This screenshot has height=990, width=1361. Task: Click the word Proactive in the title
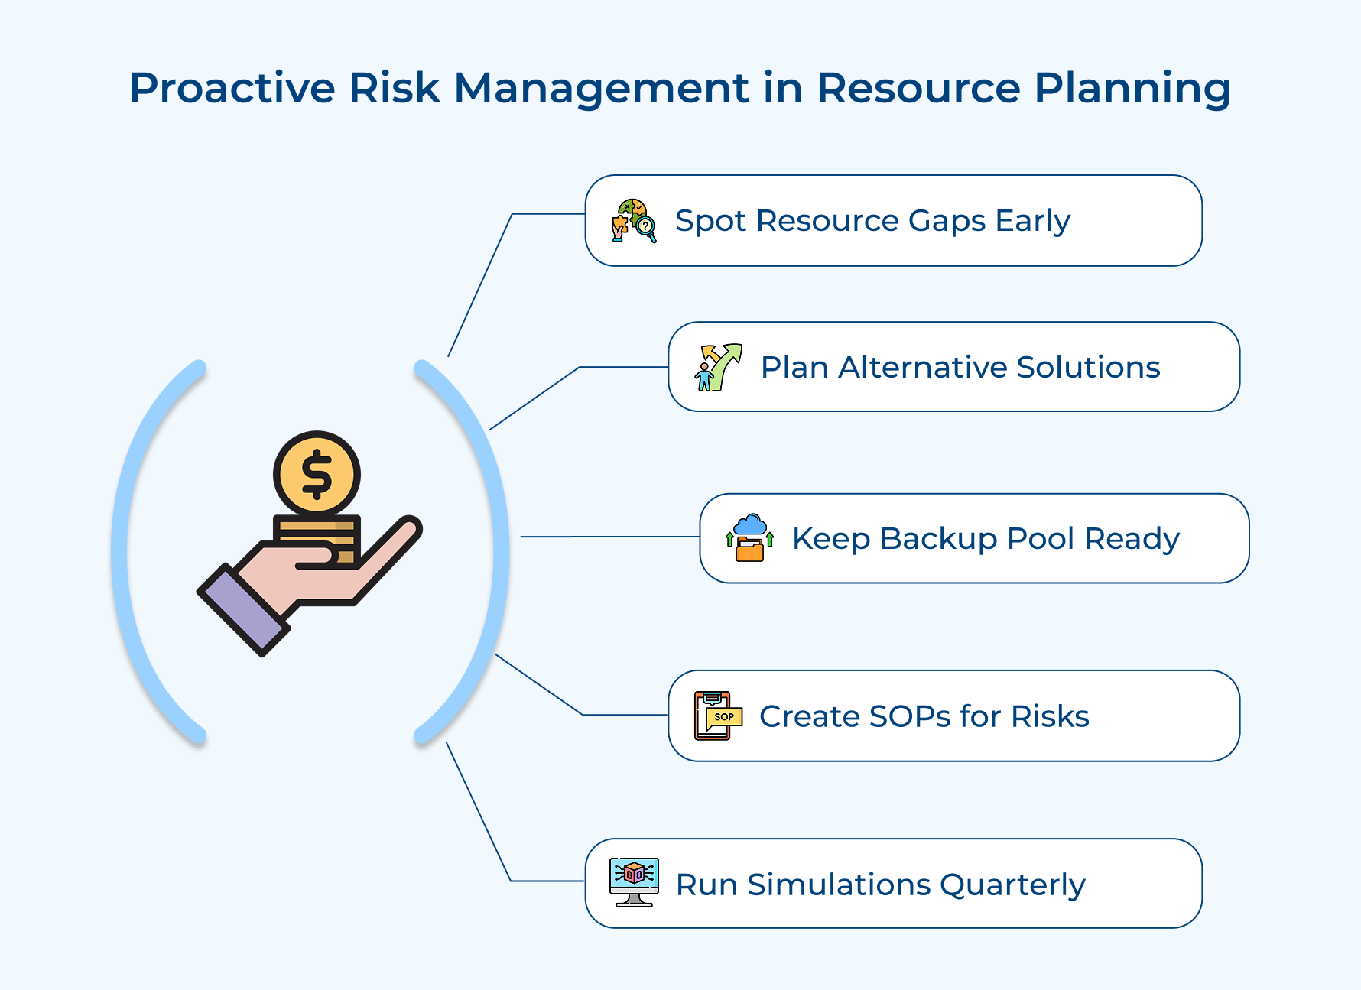tap(232, 88)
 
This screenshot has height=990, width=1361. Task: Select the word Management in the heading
tap(601, 88)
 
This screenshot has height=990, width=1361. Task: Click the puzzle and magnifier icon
tap(634, 221)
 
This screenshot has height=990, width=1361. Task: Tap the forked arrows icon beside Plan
tap(719, 367)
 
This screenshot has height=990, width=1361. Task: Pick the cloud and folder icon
tap(750, 537)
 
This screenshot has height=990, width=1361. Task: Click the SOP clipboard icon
tap(717, 716)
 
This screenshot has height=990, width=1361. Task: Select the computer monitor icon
tap(634, 882)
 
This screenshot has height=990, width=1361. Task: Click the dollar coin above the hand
tap(317, 475)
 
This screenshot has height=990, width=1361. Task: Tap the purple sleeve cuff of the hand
tap(243, 609)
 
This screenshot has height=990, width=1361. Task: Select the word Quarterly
tap(1012, 885)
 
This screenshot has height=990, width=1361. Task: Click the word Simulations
tap(839, 885)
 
